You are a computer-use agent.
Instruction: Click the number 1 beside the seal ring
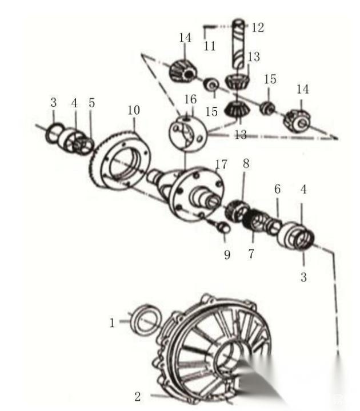pyautogui.click(x=112, y=323)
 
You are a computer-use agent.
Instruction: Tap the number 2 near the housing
pyautogui.click(x=138, y=397)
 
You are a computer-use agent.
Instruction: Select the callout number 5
pyautogui.click(x=91, y=103)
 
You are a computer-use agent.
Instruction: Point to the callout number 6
pyautogui.click(x=277, y=189)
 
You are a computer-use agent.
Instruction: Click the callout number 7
pyautogui.click(x=251, y=253)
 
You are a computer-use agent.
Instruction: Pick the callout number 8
pyautogui.click(x=246, y=164)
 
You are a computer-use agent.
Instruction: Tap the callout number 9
pyautogui.click(x=227, y=255)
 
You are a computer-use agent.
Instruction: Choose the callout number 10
pyautogui.click(x=134, y=110)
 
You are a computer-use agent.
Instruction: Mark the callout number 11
pyautogui.click(x=209, y=46)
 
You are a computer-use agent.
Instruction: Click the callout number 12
pyautogui.click(x=258, y=27)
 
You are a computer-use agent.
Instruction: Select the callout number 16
pyautogui.click(x=190, y=99)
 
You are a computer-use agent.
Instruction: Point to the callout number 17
pyautogui.click(x=221, y=164)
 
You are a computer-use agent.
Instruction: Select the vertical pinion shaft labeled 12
pyautogui.click(x=238, y=44)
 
